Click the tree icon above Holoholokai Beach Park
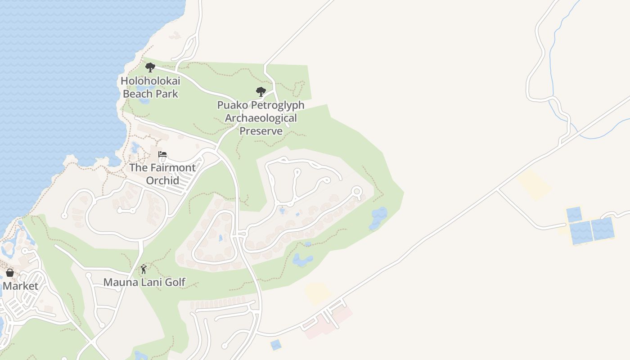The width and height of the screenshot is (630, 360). coord(150,67)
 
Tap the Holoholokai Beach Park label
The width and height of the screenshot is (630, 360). coord(150,87)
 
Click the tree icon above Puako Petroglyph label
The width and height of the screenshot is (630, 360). coord(261,92)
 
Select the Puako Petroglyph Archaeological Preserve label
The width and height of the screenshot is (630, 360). coord(261,118)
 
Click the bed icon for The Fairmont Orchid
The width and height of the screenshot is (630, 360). coord(162,154)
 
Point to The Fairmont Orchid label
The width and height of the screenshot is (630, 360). coord(162,174)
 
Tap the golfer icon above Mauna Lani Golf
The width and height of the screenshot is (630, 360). coord(144,269)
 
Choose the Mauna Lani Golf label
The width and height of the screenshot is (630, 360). coord(144,282)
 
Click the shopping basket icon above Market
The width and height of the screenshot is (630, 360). coord(9,273)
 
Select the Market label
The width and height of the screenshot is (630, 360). coord(21,286)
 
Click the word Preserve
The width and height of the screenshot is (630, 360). coord(261,131)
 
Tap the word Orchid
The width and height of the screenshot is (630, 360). coord(162,180)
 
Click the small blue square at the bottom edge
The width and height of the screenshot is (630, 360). coord(276,345)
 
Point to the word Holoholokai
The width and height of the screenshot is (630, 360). coord(150,81)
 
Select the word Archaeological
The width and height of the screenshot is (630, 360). coord(261,118)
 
